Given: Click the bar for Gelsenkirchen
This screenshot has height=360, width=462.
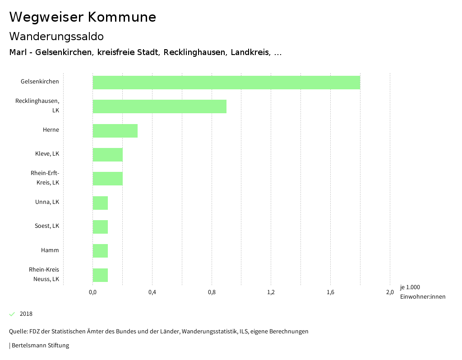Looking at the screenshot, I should [226, 83].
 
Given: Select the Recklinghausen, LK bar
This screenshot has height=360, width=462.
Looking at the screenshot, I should [159, 106].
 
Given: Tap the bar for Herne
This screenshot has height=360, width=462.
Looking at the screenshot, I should [115, 131].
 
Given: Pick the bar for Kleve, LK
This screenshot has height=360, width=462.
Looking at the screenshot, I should [107, 155].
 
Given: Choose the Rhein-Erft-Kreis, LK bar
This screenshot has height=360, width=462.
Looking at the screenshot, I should [107, 179].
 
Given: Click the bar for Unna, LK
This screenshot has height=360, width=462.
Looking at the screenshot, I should [100, 203].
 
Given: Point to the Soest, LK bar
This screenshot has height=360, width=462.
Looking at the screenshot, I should [100, 227].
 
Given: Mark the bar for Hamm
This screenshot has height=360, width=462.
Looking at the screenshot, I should [100, 251].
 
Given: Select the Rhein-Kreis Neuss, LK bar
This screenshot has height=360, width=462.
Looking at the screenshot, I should [100, 275].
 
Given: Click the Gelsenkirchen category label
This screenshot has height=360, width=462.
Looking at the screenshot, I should [40, 82].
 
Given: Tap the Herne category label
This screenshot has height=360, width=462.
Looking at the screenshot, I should [51, 130].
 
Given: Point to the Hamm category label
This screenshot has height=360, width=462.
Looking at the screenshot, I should [50, 250].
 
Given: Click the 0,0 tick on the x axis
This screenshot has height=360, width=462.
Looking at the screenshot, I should [92, 292].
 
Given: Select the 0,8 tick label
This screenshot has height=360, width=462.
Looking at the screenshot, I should [212, 292].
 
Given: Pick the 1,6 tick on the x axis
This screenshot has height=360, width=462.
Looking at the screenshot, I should [330, 292].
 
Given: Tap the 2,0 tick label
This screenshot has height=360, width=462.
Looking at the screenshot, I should [390, 292].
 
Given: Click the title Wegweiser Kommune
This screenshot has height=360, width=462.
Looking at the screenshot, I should [83, 17].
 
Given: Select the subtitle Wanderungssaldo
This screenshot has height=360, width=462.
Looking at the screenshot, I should [56, 36].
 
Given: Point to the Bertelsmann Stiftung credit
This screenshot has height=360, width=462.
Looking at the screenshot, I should [40, 346].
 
